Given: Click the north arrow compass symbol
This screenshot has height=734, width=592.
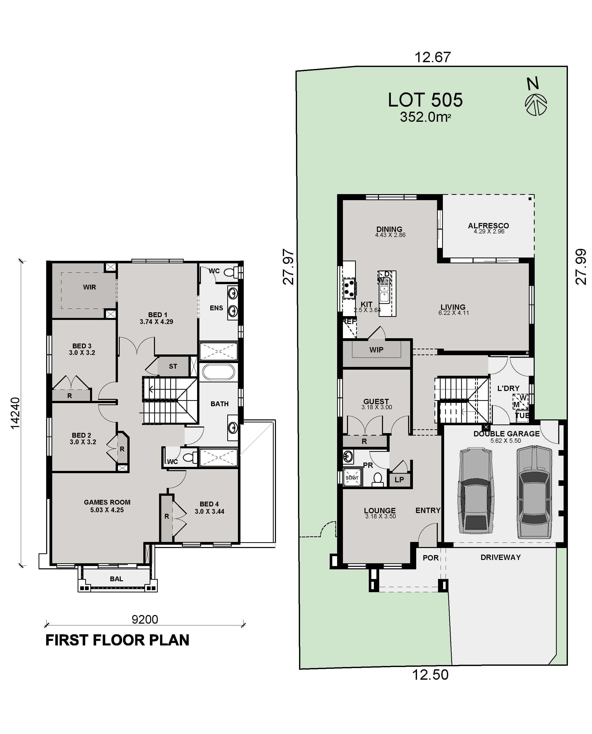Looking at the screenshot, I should (x=536, y=104).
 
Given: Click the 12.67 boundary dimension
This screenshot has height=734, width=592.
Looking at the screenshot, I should (x=432, y=57).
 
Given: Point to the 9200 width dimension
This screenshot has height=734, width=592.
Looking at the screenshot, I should (x=145, y=619).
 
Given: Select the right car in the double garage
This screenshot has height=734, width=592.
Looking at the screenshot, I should (x=534, y=491).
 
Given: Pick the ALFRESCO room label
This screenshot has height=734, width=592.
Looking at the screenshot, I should (x=488, y=226).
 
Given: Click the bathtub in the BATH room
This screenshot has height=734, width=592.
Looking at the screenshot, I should (x=218, y=372).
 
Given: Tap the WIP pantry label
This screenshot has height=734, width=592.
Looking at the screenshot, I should (x=376, y=350).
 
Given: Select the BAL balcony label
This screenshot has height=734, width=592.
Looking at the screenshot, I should (x=116, y=579).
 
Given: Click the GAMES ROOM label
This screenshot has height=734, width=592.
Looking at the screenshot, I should (x=107, y=502).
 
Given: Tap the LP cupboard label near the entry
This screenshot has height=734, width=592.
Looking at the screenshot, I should (x=399, y=480).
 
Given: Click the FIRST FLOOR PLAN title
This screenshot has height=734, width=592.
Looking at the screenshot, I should (x=117, y=640).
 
